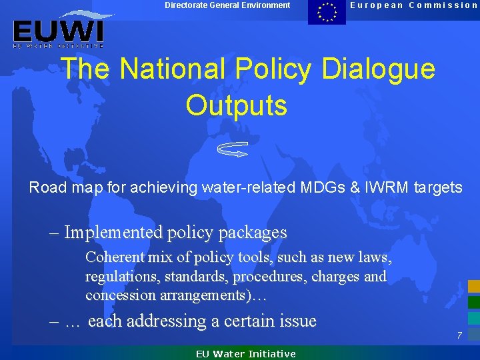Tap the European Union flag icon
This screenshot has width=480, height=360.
(x=327, y=12)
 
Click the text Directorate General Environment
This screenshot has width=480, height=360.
(x=227, y=5)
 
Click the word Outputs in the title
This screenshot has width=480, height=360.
(x=237, y=105)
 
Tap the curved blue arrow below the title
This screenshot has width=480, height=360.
(x=233, y=149)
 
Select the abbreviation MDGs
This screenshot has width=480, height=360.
(x=315, y=188)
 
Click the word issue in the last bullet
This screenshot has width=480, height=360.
(x=297, y=321)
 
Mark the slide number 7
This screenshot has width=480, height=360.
(x=459, y=335)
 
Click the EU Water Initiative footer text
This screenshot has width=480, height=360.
(x=245, y=354)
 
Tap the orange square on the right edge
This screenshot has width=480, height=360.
(x=473, y=287)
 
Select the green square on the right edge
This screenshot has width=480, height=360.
(x=473, y=302)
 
